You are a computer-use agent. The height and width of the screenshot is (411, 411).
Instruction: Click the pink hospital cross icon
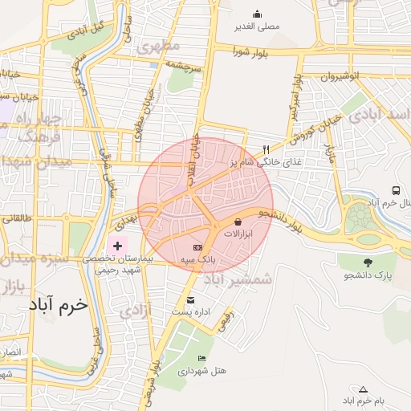[117, 245]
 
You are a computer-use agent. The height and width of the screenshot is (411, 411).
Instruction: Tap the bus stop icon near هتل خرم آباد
[397, 190]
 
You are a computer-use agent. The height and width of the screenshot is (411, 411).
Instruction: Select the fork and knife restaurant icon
[266, 149]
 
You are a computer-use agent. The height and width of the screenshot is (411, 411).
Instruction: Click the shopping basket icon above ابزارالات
[238, 222]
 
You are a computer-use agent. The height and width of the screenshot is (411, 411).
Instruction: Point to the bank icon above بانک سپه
[197, 247]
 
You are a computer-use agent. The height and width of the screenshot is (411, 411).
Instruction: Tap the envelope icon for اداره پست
[168, 300]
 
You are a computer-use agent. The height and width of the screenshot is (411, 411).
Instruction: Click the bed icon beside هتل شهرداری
[201, 358]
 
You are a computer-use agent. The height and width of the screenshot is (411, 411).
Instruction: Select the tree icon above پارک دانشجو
[368, 262]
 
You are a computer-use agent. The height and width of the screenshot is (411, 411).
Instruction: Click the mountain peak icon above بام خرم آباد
[362, 389]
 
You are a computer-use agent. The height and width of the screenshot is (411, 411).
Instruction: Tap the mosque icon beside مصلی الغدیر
[257, 14]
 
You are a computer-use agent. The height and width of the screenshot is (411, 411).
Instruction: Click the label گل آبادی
[87, 31]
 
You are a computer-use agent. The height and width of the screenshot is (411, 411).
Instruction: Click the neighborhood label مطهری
[157, 46]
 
